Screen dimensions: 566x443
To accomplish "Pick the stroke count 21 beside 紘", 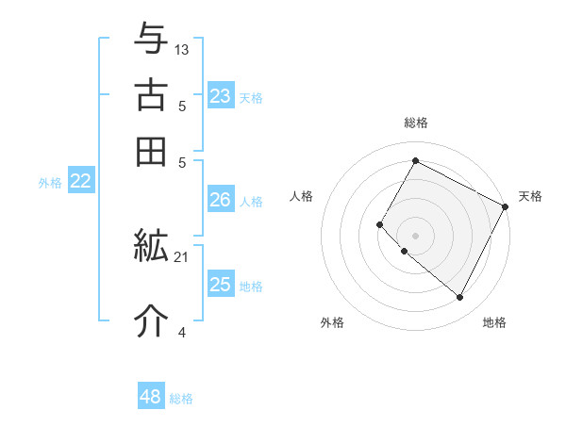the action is tap(182, 256).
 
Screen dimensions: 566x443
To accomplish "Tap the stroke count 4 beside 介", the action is tap(182, 331).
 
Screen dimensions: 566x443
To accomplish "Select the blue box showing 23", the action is tap(220, 96).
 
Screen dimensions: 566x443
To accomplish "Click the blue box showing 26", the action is tap(220, 200).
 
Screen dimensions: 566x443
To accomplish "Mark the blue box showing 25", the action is tap(220, 285).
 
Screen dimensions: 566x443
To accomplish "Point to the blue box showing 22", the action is tap(80, 182).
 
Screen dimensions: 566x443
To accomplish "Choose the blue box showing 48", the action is tap(150, 397).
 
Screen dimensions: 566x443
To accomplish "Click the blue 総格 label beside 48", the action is tap(181, 399).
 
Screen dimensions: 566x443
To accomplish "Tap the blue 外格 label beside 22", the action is tap(50, 183).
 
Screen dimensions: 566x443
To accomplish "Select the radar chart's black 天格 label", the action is tap(530, 196).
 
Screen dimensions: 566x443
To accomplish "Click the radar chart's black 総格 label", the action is tap(415, 123).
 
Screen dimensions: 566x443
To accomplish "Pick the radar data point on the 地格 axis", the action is tap(459, 297).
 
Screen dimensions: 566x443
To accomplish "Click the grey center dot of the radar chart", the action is tap(415, 235).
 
